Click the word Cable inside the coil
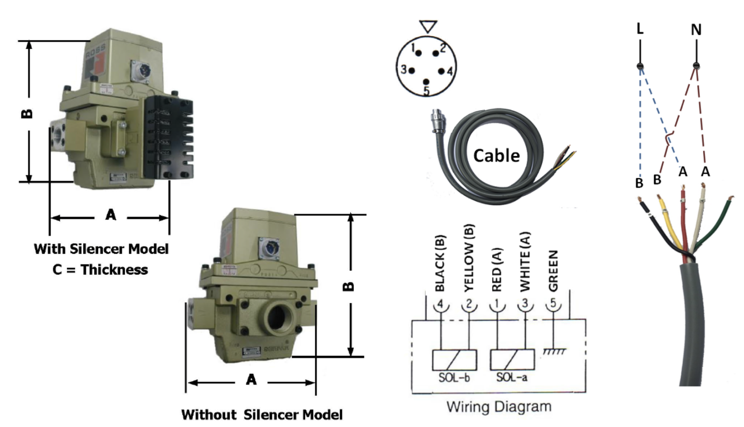pyautogui.click(x=496, y=155)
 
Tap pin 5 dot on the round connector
pyautogui.click(x=426, y=82)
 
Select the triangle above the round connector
pyautogui.click(x=428, y=26)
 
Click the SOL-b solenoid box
pyautogui.click(x=454, y=360)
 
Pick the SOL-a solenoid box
pyautogui.click(x=512, y=360)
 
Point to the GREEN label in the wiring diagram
pyautogui.click(x=553, y=270)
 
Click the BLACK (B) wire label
pyautogui.click(x=440, y=263)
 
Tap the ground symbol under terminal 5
pyautogui.click(x=554, y=351)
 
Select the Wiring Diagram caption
pyautogui.click(x=499, y=407)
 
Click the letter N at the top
pyautogui.click(x=696, y=29)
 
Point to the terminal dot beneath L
pyautogui.click(x=640, y=66)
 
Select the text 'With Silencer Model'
pyautogui.click(x=101, y=249)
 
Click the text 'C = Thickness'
pyautogui.click(x=100, y=270)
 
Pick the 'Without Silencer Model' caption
pyautogui.click(x=262, y=415)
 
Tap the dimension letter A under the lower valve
pyautogui.click(x=251, y=379)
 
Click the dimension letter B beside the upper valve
pyautogui.click(x=27, y=113)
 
